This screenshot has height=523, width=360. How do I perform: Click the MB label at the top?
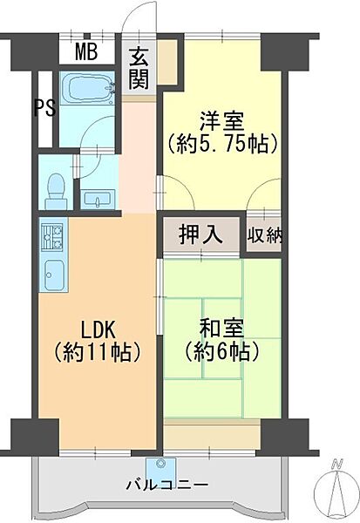coord(85,51)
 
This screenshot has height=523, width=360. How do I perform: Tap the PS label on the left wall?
coord(41,108)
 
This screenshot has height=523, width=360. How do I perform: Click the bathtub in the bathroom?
coord(88,89)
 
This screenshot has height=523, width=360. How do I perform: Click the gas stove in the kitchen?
coord(51,234)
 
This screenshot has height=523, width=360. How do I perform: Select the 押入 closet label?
coord(200,234)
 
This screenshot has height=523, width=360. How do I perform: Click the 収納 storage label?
coord(263,234)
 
